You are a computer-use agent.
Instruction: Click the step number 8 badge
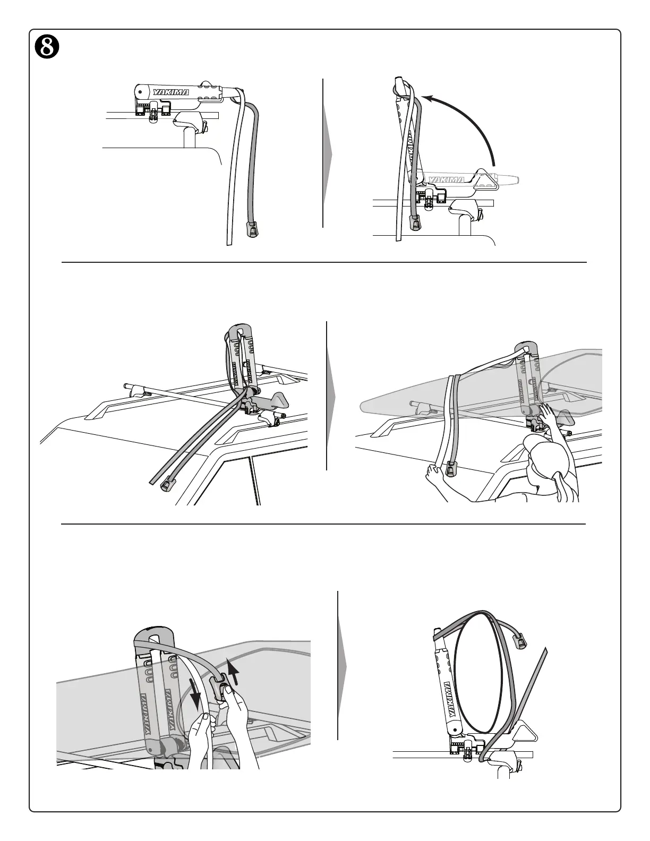(46, 47)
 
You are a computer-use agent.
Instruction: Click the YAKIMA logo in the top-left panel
(171, 93)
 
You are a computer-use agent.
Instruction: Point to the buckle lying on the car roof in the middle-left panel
(168, 484)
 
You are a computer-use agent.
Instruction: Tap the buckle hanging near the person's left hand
(452, 469)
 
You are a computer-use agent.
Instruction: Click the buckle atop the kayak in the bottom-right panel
(521, 641)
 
